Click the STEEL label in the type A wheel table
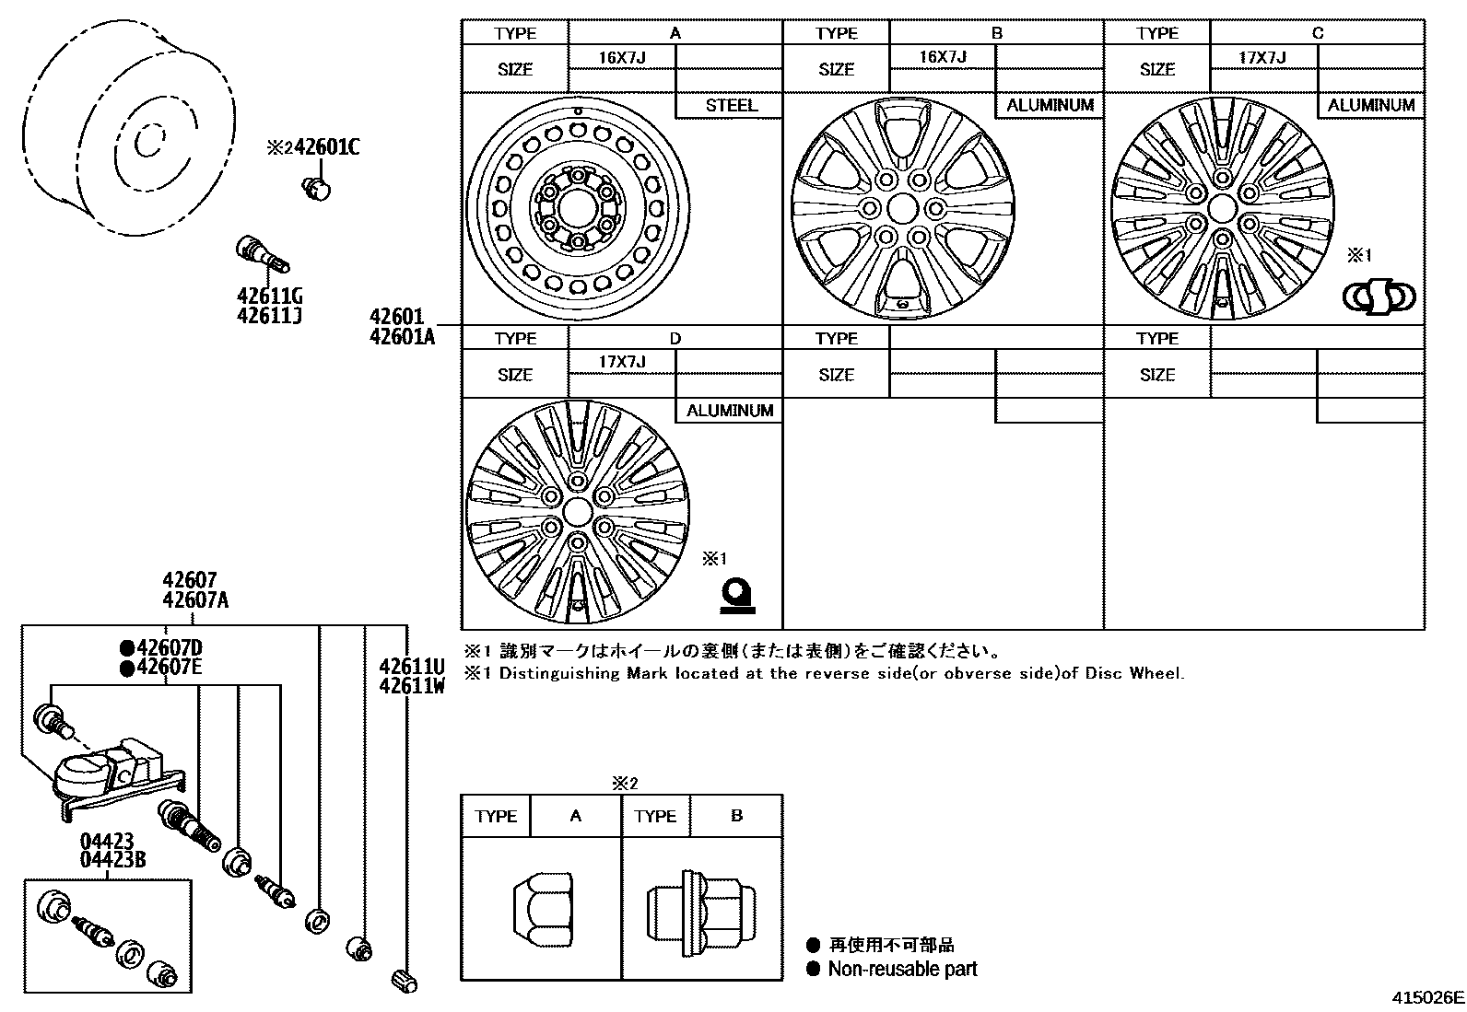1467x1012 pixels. tap(731, 105)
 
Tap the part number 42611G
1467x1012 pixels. tap(270, 297)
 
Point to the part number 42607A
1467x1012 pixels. tap(195, 600)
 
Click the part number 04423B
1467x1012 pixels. tap(112, 860)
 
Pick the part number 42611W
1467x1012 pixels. tap(412, 685)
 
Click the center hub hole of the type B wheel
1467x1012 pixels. tap(902, 207)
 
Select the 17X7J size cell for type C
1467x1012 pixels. tap(1262, 57)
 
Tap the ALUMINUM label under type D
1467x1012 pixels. tap(729, 411)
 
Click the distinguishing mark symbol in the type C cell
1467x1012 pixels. tap(1378, 297)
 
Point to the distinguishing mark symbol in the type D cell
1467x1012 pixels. tap(737, 596)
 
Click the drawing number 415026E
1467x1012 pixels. tap(1427, 997)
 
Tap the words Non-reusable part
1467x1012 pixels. tap(902, 969)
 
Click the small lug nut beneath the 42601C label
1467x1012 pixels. tap(316, 188)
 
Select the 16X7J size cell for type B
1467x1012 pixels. tap(942, 57)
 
